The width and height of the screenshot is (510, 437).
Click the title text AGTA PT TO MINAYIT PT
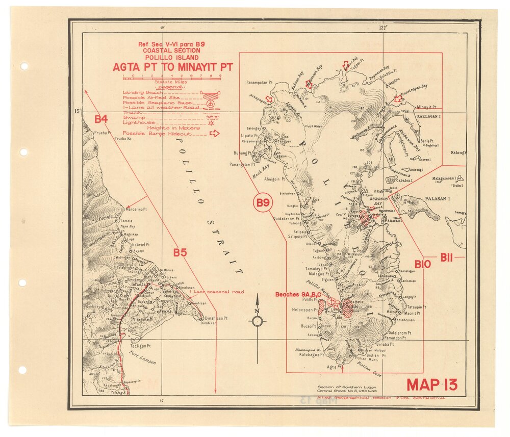coord(172,67)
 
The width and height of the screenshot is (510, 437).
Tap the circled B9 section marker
coord(263,203)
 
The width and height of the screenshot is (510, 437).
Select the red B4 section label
coord(101,119)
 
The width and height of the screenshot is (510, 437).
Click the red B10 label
coord(423,264)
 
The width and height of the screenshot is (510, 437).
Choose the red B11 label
coord(447,257)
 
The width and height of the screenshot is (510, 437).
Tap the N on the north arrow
coord(257,312)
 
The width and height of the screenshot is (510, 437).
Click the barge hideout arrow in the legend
coord(215,134)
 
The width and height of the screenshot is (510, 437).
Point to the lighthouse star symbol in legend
coord(210,123)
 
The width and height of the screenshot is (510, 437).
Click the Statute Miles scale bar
coord(172,78)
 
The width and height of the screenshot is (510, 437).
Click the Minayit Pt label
coord(427,108)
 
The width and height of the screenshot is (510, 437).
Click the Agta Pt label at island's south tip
coord(334,367)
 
